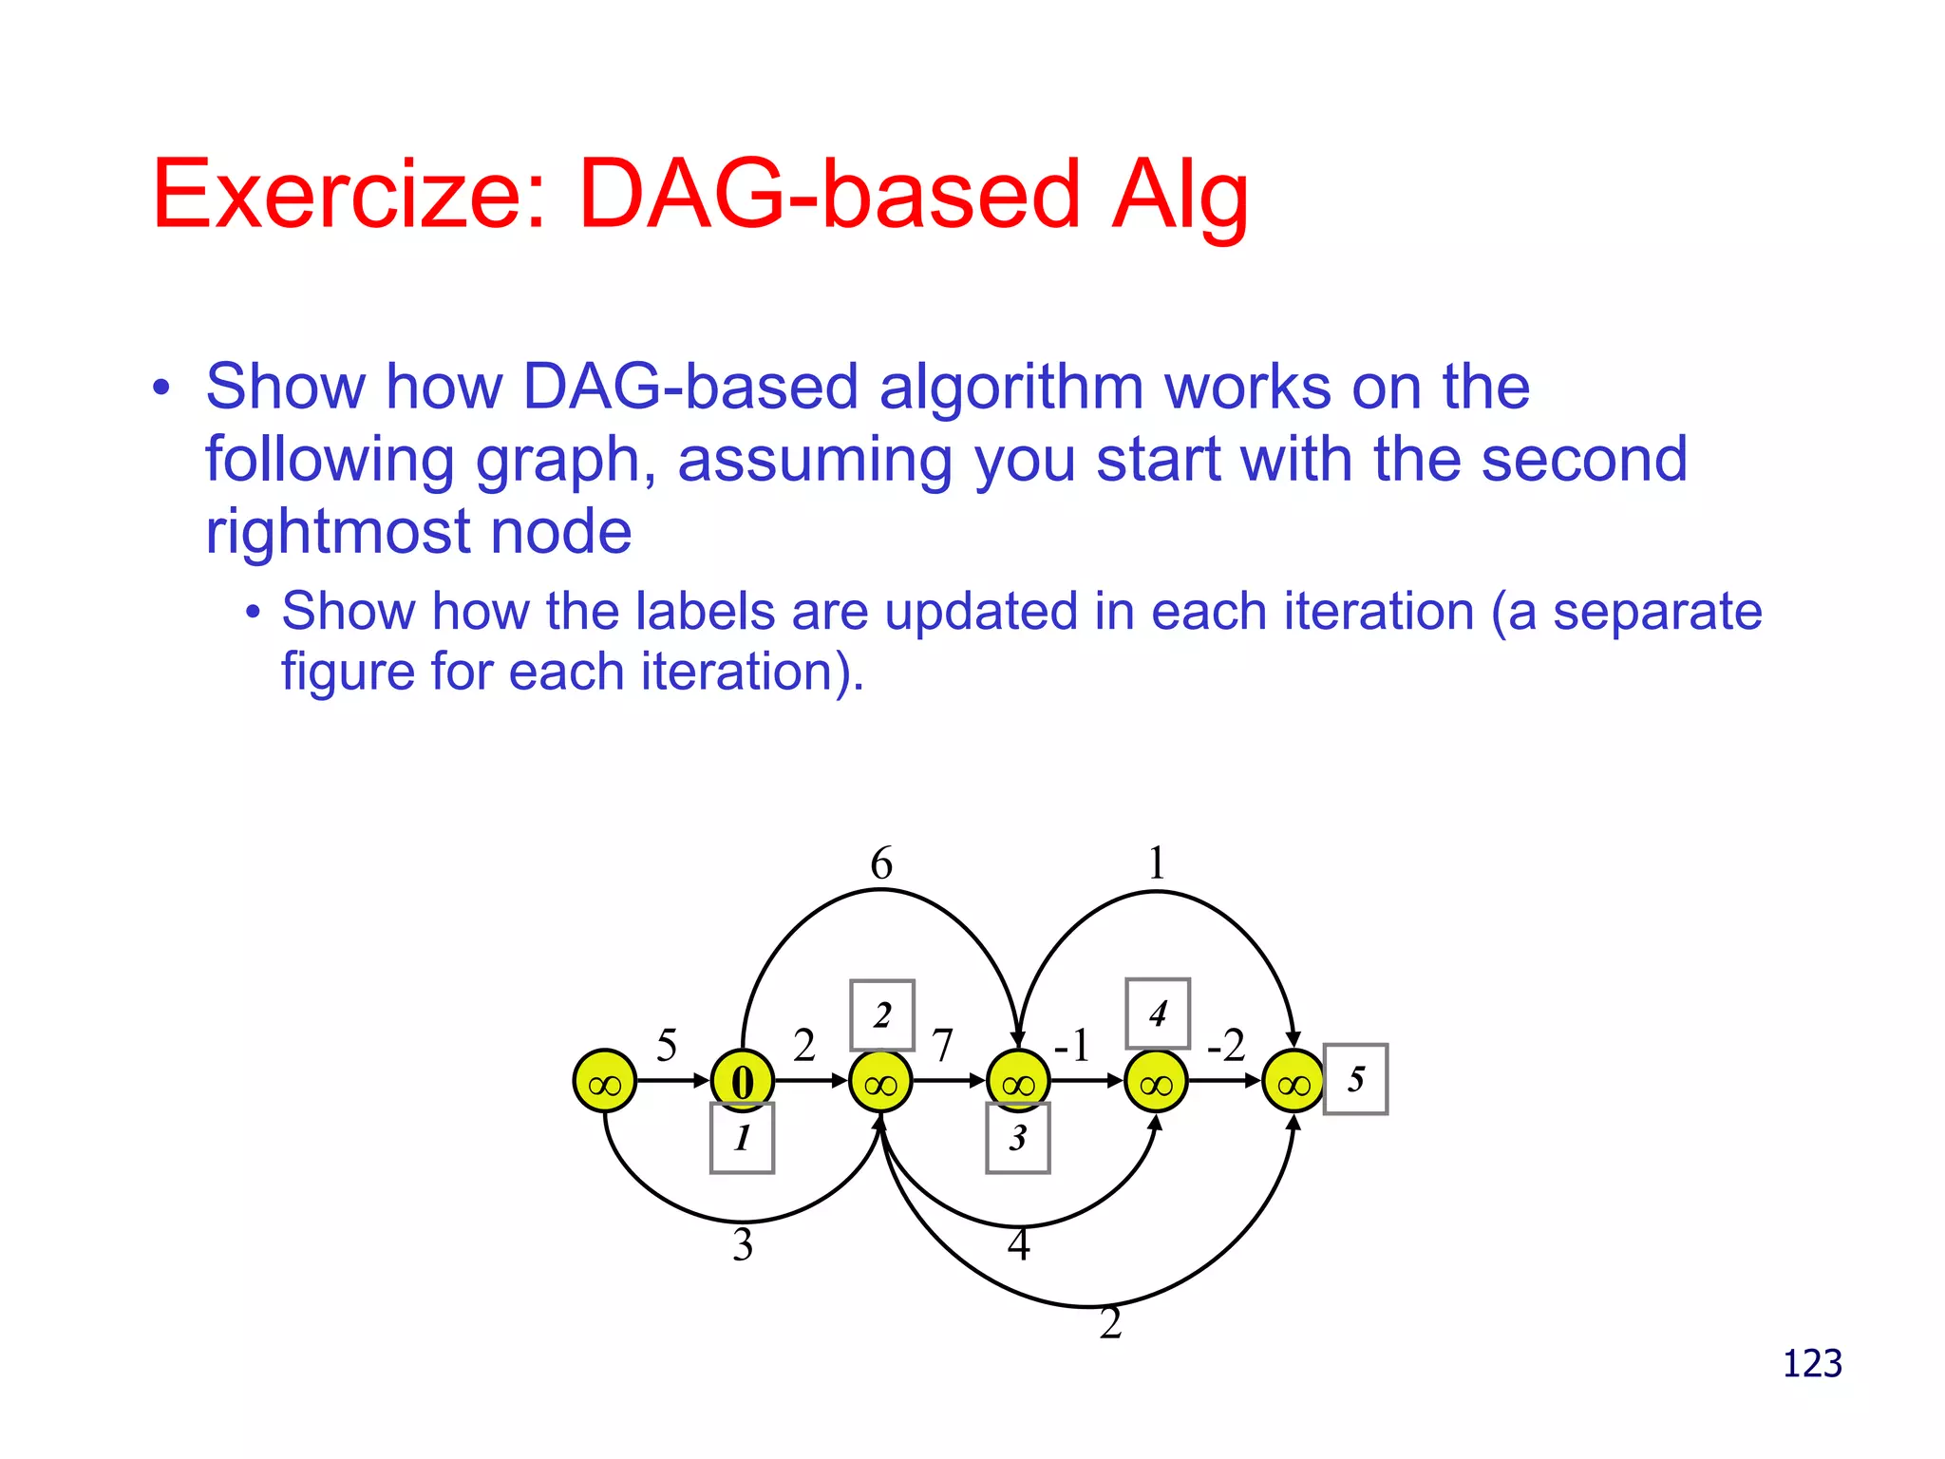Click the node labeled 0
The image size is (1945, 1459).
click(x=743, y=1081)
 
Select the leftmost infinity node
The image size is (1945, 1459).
click(x=604, y=1081)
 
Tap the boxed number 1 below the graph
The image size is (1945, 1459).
click(x=742, y=1138)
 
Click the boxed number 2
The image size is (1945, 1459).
click(x=882, y=1015)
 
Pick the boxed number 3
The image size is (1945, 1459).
click(x=1017, y=1138)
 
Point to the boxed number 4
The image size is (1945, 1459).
click(x=1157, y=1014)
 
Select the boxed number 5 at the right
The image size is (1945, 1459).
click(x=1355, y=1079)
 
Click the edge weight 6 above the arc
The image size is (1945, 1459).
click(x=881, y=863)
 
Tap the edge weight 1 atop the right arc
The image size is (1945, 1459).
click(x=1156, y=863)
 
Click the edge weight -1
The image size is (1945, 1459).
click(x=1072, y=1045)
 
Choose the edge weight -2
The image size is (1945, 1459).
click(x=1226, y=1045)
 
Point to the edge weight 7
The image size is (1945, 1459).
click(x=942, y=1046)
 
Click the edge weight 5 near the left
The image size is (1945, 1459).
click(x=667, y=1046)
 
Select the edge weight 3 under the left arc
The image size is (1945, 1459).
click(x=743, y=1244)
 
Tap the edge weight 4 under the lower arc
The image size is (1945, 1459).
click(x=1018, y=1244)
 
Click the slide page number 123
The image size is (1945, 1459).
click(x=1812, y=1364)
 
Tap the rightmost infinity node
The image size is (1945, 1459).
click(x=1294, y=1081)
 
